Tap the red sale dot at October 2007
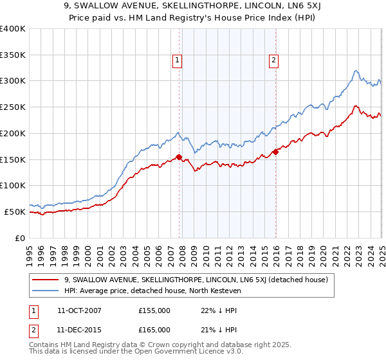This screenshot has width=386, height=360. [x=179, y=157]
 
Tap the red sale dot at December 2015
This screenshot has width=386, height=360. [x=275, y=152]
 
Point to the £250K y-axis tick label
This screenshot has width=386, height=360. [x=13, y=107]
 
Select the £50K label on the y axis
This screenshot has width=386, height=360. [x=15, y=212]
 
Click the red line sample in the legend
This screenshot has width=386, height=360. [x=46, y=280]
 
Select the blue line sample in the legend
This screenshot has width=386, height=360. [x=46, y=291]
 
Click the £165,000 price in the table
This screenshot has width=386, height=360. [x=154, y=330]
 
